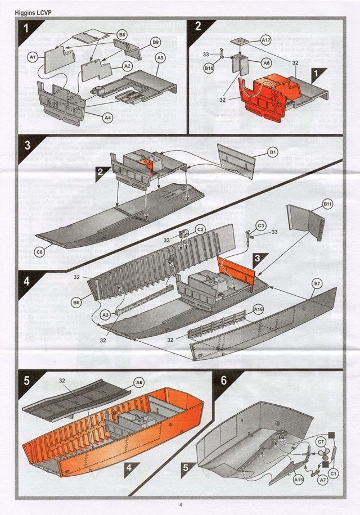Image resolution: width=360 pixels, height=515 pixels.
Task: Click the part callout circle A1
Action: [33, 57]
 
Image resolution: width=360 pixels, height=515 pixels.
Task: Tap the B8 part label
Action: [122, 35]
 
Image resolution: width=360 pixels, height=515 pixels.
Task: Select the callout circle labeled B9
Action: [156, 42]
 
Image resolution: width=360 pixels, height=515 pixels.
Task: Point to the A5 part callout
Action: [160, 58]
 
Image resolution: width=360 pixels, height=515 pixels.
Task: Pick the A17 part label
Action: [266, 40]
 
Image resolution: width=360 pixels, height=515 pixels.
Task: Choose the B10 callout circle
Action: [209, 69]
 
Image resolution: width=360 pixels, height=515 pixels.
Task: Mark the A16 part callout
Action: [258, 309]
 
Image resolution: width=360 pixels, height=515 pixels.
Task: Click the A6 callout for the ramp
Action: [139, 381]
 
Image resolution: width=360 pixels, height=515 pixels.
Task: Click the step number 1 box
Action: [27, 27]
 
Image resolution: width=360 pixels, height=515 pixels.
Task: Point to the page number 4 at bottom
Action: [180, 504]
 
